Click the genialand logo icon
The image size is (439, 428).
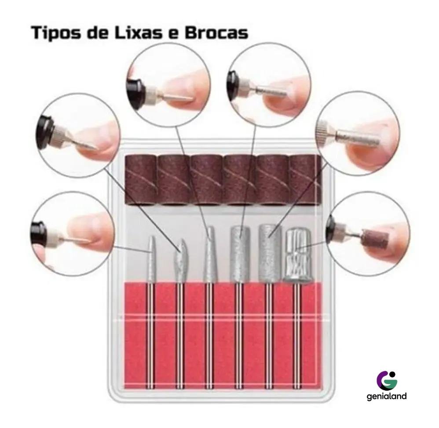pyautogui.click(x=387, y=379)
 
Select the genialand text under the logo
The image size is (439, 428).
pyautogui.click(x=386, y=396)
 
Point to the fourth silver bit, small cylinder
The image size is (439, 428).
pyautogui.click(x=240, y=254)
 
